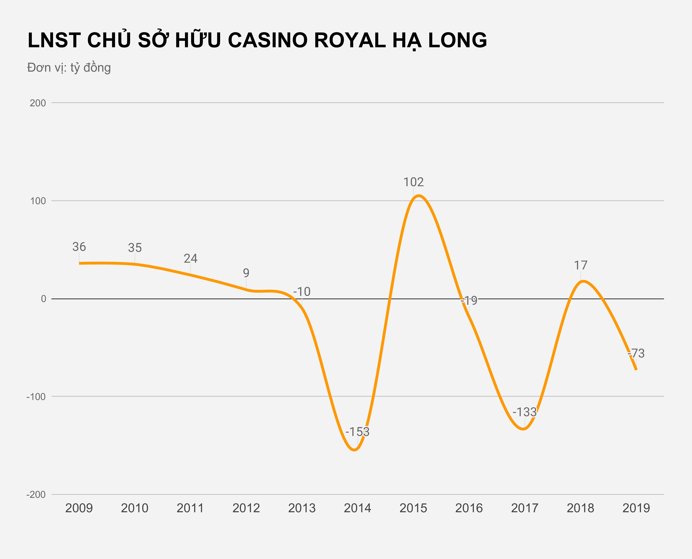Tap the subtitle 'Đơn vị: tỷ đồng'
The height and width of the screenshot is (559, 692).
pyautogui.click(x=69, y=68)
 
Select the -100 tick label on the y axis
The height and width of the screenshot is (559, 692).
pyautogui.click(x=36, y=397)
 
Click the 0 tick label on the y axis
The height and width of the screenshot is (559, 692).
pyautogui.click(x=43, y=299)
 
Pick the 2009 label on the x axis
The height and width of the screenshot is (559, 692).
pyautogui.click(x=79, y=508)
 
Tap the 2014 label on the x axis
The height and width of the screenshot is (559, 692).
pyautogui.click(x=357, y=508)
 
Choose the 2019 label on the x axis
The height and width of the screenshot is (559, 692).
pyautogui.click(x=636, y=508)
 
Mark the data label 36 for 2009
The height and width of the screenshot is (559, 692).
pyautogui.click(x=79, y=247)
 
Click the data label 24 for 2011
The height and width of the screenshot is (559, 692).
pyautogui.click(x=191, y=259)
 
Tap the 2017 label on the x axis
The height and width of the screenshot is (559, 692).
pyautogui.click(x=525, y=508)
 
